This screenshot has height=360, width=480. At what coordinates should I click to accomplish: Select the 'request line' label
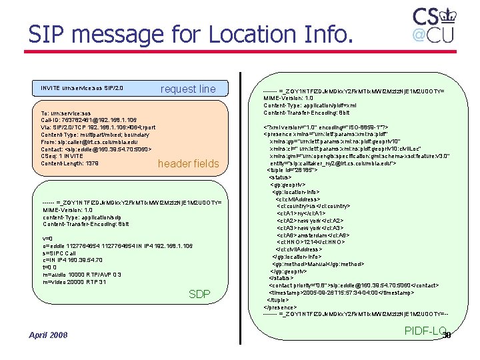[x=188, y=89]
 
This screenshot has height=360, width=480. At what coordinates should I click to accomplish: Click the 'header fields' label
[x=188, y=163]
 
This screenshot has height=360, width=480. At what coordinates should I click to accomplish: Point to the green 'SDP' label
[x=199, y=294]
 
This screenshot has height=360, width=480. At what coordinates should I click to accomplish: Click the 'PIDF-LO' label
[x=424, y=330]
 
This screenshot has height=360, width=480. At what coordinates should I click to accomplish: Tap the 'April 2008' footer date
[x=48, y=334]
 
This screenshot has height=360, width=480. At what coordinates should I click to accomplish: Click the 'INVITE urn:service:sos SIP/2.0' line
[x=82, y=87]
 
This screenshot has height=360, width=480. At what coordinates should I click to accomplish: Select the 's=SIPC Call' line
[x=61, y=253]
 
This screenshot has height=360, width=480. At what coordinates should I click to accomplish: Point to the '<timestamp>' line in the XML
[x=341, y=293]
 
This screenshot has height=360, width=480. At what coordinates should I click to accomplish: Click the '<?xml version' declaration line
[x=326, y=127]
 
